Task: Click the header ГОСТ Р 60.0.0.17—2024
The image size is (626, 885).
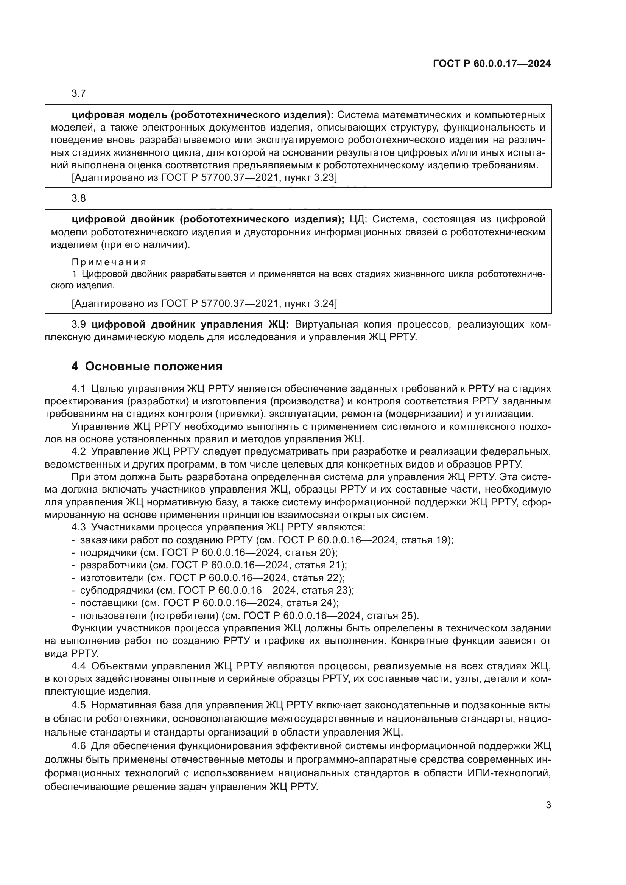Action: coord(492,64)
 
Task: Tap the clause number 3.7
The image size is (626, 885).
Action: coord(79,94)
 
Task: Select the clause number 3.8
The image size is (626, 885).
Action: coord(79,199)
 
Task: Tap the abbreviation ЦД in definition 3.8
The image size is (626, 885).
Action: coord(357,220)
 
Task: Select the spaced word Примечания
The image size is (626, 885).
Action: coord(109,262)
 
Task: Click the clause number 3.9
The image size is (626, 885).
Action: coord(79,325)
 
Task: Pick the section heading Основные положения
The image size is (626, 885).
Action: coord(153,366)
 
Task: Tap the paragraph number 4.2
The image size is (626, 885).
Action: coord(78,452)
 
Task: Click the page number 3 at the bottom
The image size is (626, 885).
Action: coord(548,805)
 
